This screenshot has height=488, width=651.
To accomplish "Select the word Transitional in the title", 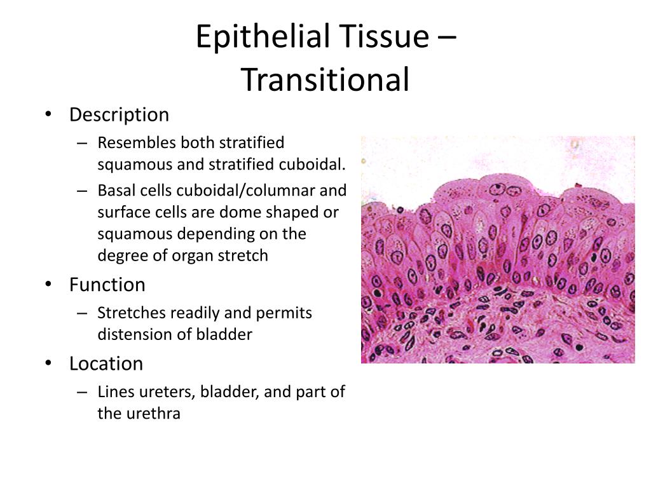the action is click(325, 79).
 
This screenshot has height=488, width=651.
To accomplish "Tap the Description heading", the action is click(119, 115).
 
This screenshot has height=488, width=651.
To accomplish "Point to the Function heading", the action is click(107, 285).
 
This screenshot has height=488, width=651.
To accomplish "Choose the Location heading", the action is click(106, 363).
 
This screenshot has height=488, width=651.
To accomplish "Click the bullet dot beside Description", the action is click(48, 114).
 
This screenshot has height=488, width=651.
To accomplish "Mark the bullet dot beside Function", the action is click(48, 284).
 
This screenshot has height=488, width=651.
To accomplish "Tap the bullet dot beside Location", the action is click(48, 363).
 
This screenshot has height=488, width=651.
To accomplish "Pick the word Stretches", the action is click(132, 313).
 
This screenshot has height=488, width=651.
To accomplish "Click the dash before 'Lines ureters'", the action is click(82, 392).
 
